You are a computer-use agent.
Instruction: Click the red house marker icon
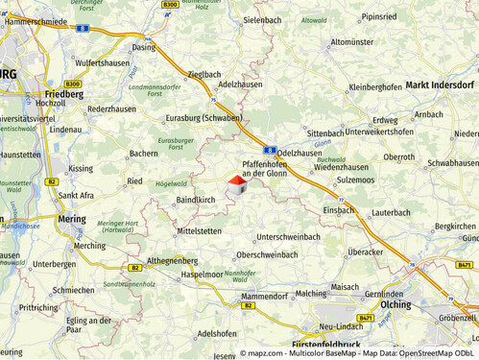[236, 184]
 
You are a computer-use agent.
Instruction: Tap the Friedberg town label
[64, 95]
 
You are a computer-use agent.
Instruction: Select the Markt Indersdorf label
[440, 84]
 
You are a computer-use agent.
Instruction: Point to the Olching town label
[395, 304]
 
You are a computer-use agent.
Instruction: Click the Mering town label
[71, 219]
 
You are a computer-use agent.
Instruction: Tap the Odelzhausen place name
[299, 154]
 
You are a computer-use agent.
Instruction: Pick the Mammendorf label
[265, 297]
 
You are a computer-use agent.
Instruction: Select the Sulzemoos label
[356, 180]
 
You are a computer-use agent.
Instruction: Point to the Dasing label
[143, 47]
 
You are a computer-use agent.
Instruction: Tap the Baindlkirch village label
[196, 200]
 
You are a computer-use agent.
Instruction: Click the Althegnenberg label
[172, 260]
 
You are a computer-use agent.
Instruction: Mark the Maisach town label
[344, 286]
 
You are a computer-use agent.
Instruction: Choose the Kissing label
[82, 168]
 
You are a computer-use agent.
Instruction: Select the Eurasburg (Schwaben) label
[202, 117]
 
